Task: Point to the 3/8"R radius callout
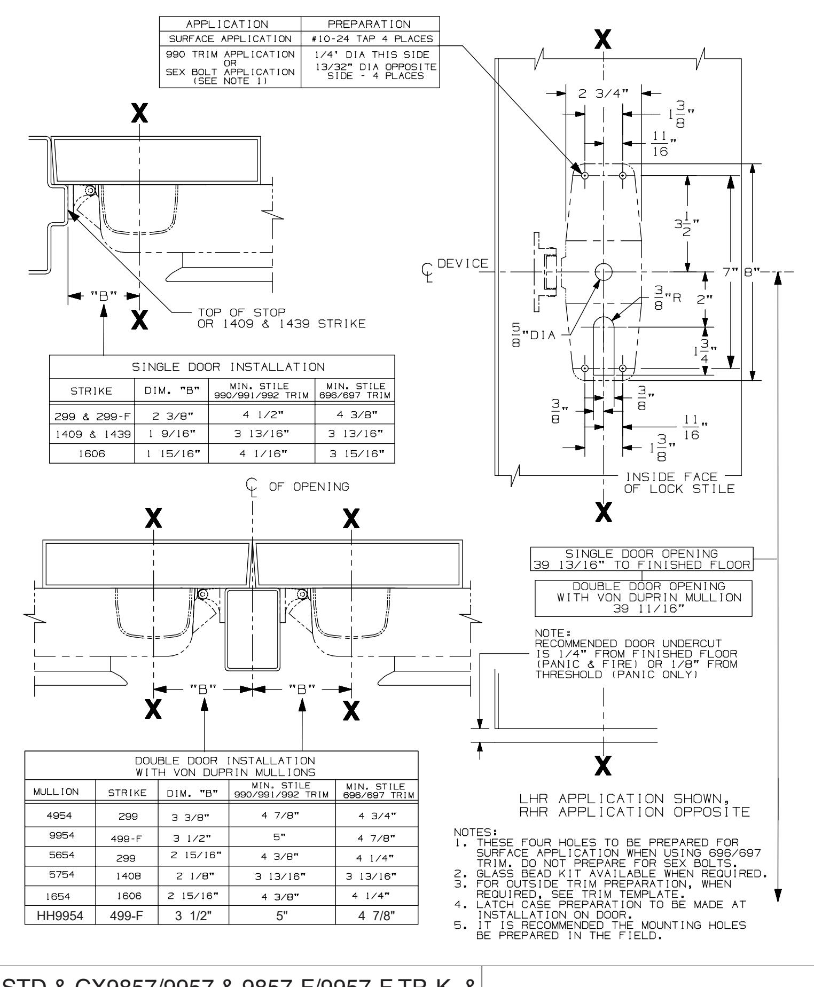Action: (x=662, y=298)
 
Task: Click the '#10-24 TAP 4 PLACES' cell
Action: (x=370, y=38)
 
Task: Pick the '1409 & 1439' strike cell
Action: (x=92, y=434)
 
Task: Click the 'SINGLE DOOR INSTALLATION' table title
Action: (x=222, y=367)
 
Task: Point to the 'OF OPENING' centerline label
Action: (x=309, y=487)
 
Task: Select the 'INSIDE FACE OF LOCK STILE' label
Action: (x=672, y=482)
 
